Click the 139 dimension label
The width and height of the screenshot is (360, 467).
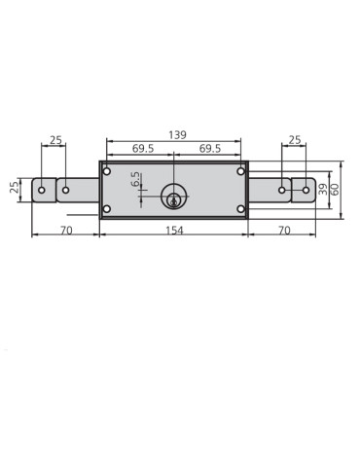point(177,134)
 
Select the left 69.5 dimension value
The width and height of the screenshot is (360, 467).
point(143,149)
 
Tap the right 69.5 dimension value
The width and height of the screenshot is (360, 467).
point(210,149)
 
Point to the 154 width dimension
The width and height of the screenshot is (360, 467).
point(174,231)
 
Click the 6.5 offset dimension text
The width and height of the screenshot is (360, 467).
point(135,179)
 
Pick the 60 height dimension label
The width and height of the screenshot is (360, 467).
point(335,190)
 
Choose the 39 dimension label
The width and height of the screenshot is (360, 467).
point(323,190)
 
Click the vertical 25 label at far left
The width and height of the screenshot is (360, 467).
point(15,188)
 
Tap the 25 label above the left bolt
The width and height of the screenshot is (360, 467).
point(55,140)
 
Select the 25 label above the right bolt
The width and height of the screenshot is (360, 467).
point(295,140)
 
